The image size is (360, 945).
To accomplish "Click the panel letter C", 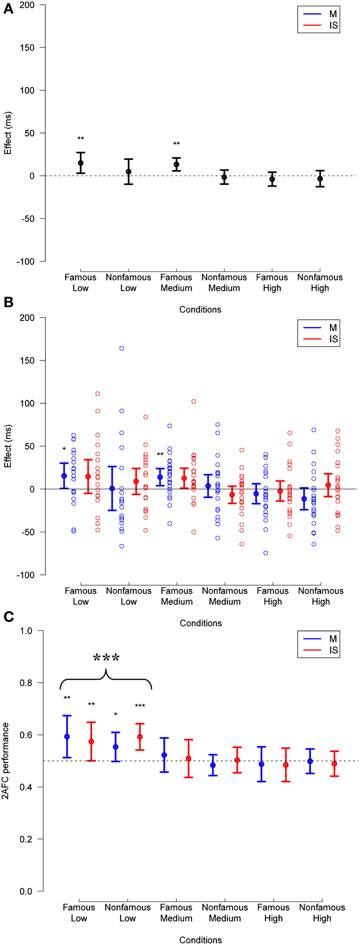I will [x=8, y=617].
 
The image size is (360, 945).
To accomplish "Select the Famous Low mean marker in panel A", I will [x=81, y=163].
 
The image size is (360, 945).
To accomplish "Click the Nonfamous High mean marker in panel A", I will [x=320, y=179].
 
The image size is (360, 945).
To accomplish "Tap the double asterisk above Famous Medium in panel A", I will [x=176, y=144].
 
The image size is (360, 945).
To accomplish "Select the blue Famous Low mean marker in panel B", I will [x=64, y=476].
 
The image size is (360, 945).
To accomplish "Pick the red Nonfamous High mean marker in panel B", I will [x=328, y=485].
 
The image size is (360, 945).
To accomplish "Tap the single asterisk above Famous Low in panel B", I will [x=64, y=449].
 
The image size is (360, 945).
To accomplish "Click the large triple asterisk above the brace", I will [x=106, y=658].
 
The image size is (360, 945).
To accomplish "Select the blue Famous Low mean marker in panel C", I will [x=67, y=737].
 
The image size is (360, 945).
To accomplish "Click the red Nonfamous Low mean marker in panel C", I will [x=140, y=737].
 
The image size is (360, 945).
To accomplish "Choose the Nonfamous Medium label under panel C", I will [x=225, y=913].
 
